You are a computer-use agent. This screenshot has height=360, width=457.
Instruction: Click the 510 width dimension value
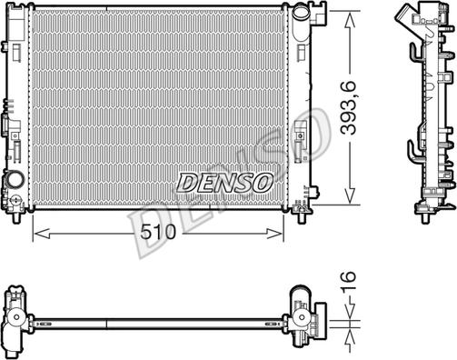pos(158,232)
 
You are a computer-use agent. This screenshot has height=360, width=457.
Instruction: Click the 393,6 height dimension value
pos(348,108)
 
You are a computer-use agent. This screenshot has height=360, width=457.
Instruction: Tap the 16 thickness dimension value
pos(348,282)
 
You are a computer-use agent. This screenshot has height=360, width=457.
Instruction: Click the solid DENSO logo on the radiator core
pos(224,183)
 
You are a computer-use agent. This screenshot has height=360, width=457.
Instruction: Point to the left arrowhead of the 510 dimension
pos(41,234)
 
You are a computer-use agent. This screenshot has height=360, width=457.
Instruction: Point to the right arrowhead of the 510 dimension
pos(275,234)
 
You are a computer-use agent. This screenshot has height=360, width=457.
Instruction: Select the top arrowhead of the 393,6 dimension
pos(350,21)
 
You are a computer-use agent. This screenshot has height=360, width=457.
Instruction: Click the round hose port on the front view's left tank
pos(15,179)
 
